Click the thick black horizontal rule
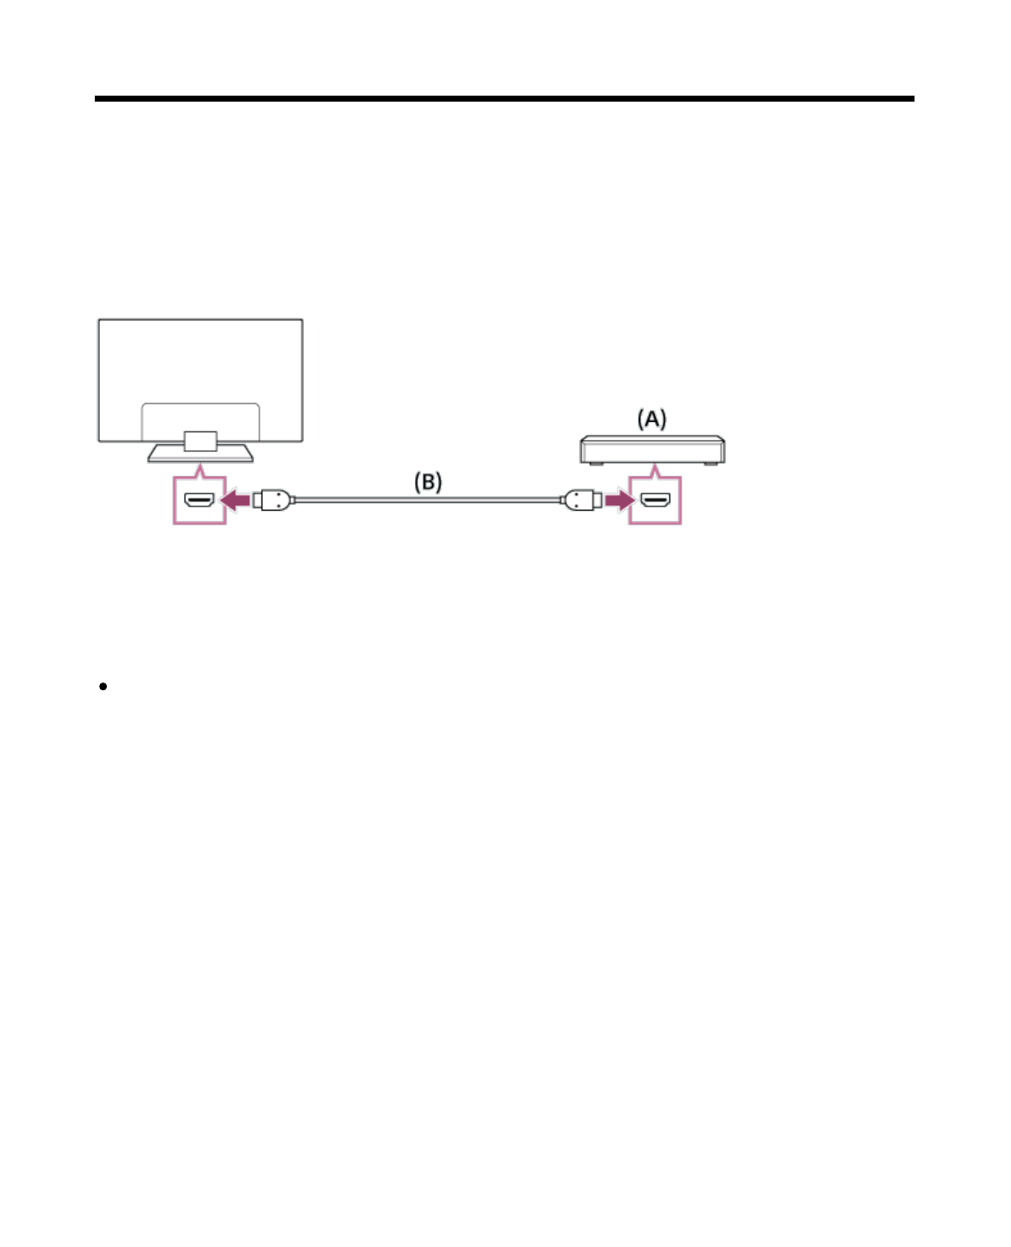[504, 99]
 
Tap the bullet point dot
[102, 686]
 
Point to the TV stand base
[201, 454]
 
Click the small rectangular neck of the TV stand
[200, 441]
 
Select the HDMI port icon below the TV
[200, 501]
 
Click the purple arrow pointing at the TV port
[236, 500]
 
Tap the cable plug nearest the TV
[273, 500]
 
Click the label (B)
[428, 482]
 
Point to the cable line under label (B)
[427, 499]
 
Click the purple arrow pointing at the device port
[618, 500]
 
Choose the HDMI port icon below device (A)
[656, 501]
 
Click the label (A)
[652, 419]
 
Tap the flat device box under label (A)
[652, 448]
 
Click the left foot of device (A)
[596, 464]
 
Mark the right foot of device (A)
[709, 464]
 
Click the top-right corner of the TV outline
[301, 320]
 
